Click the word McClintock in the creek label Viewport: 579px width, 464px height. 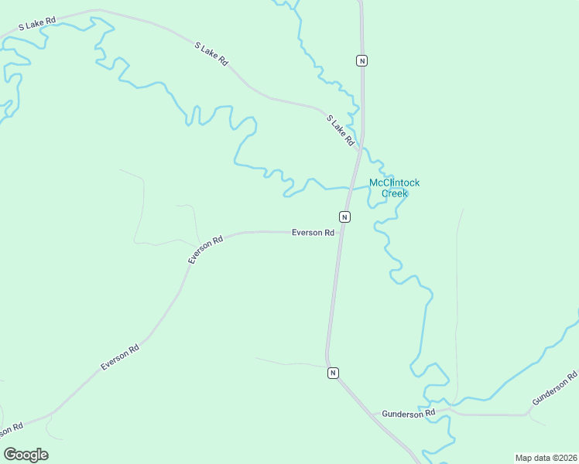pos(394,183)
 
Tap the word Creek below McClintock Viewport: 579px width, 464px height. pos(395,193)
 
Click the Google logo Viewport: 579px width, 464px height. pos(26,455)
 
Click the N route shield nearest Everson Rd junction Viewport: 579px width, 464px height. pos(344,217)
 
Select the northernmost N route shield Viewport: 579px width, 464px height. pos(361,60)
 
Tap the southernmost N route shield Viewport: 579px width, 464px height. pos(333,373)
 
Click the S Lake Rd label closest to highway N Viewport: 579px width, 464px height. pos(340,130)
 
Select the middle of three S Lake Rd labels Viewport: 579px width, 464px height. pos(211,53)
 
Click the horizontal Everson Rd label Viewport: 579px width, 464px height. pos(313,233)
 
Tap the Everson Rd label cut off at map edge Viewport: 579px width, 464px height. pos(9,428)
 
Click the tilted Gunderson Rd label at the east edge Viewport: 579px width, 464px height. pos(555,389)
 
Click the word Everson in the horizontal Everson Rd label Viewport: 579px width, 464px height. pos(307,233)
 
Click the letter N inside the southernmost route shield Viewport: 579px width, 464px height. pos(333,373)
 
